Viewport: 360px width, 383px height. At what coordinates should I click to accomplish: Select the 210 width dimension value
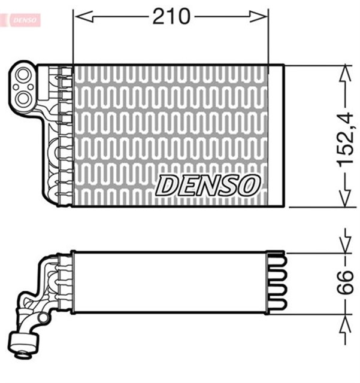point(171,16)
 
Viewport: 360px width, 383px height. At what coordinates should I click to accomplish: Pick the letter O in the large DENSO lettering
point(249,186)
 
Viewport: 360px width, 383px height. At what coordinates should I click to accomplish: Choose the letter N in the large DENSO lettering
point(207,186)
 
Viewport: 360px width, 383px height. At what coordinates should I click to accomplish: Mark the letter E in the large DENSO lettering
point(187,186)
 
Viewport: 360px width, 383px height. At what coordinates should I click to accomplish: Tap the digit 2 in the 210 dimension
point(159,16)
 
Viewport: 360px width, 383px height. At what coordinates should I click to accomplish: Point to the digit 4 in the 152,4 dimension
point(347,113)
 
